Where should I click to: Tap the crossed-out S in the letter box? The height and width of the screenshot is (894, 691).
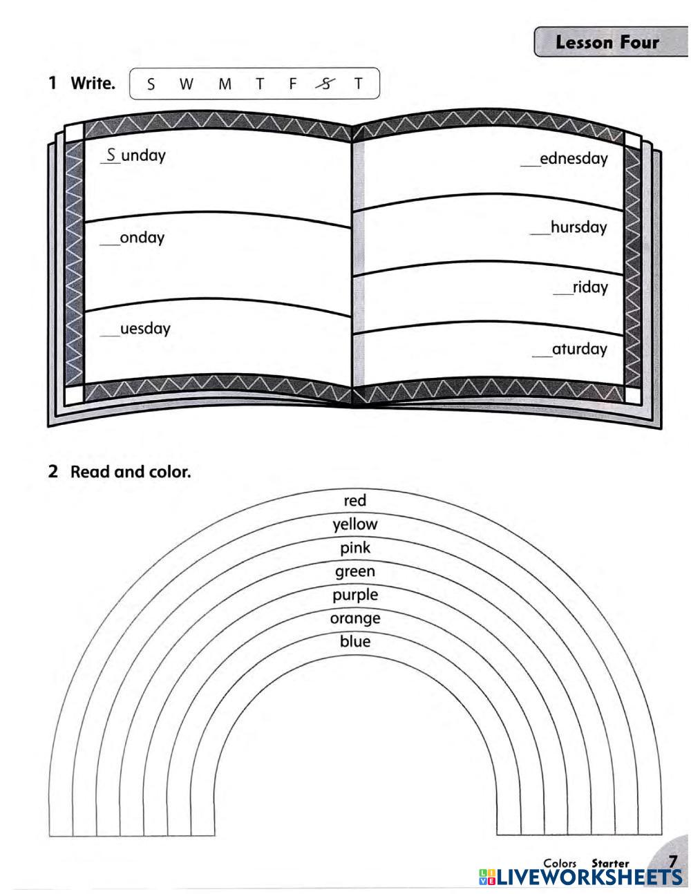pyautogui.click(x=325, y=84)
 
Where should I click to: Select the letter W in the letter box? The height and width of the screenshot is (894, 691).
pyautogui.click(x=186, y=84)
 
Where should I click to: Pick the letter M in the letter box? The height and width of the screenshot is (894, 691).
pyautogui.click(x=225, y=84)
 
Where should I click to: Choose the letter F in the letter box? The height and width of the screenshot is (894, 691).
pyautogui.click(x=292, y=84)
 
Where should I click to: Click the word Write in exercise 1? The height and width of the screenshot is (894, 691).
pyautogui.click(x=93, y=84)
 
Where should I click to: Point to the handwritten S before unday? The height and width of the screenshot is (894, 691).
pyautogui.click(x=111, y=155)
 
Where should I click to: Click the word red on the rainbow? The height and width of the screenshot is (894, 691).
pyautogui.click(x=355, y=500)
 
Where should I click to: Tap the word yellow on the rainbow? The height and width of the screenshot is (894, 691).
pyautogui.click(x=355, y=524)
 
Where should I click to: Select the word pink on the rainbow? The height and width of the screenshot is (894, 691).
pyautogui.click(x=355, y=548)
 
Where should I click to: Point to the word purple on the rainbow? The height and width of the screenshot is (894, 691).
pyautogui.click(x=355, y=595)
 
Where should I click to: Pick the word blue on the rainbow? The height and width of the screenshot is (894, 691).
pyautogui.click(x=355, y=641)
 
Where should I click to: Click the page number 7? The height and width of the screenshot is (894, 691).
pyautogui.click(x=672, y=862)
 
